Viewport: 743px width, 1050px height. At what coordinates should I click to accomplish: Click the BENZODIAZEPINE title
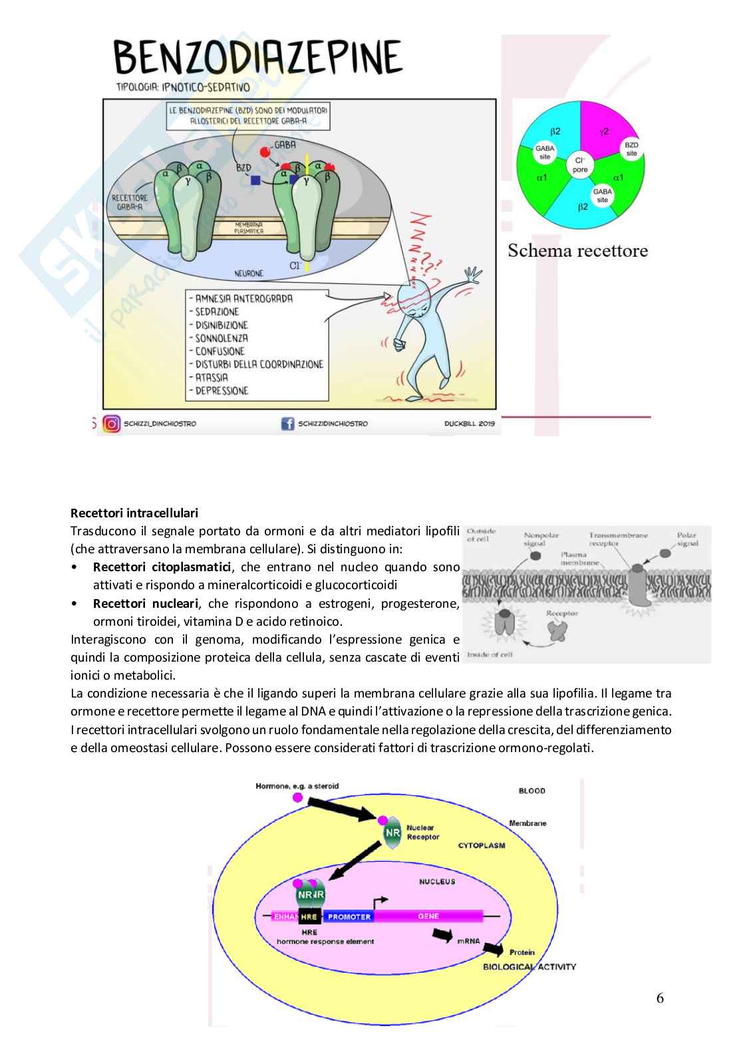click(x=258, y=57)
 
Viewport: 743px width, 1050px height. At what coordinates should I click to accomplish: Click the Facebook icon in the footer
click(x=287, y=424)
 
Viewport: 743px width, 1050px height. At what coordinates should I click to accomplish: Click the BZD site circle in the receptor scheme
click(x=631, y=149)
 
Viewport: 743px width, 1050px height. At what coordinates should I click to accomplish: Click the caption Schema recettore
click(x=577, y=251)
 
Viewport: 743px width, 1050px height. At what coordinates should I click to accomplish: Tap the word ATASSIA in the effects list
click(x=212, y=378)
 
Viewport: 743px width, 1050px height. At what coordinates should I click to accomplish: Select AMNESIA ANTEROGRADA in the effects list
click(x=243, y=299)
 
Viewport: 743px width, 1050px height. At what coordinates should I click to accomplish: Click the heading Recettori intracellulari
click(x=134, y=513)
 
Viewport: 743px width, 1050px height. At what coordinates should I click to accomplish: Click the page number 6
click(x=660, y=997)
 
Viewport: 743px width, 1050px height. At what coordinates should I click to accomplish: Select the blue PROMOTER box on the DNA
click(x=349, y=917)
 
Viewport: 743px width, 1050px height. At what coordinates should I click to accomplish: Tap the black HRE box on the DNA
click(x=309, y=917)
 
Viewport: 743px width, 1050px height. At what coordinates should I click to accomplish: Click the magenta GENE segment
click(x=428, y=916)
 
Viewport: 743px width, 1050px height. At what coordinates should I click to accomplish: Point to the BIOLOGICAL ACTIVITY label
click(x=529, y=967)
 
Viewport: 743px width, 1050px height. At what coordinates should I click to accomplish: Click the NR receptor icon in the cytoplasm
click(x=392, y=833)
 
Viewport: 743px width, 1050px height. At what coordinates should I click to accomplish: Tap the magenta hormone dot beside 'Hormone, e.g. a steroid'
click(x=297, y=797)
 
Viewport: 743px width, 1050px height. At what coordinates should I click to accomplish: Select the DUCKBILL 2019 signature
click(x=470, y=424)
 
